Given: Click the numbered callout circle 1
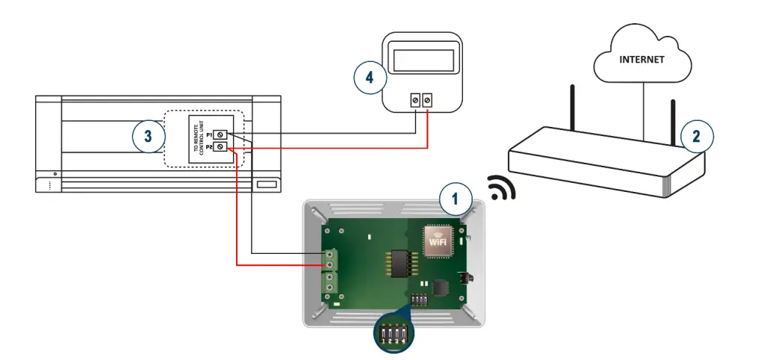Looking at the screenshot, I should (456, 199).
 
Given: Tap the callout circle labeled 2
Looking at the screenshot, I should (696, 137).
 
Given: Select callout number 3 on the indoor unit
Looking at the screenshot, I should (148, 137).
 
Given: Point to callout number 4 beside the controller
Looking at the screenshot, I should (370, 78).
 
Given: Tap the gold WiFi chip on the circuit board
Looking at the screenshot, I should (440, 239).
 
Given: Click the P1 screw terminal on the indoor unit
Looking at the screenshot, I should (220, 134).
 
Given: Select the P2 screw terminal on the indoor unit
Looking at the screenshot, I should (220, 149).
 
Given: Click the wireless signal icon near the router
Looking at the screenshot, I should (502, 191).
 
